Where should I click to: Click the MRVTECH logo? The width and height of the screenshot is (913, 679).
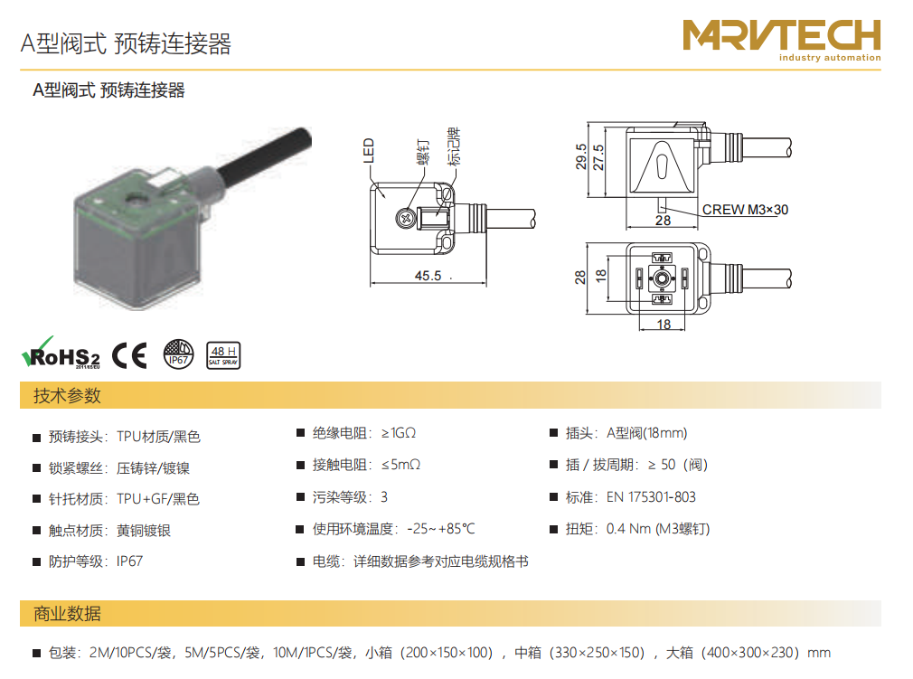(781, 40)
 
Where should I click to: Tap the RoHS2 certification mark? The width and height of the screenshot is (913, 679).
(61, 354)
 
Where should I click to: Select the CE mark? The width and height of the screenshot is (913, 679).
(129, 354)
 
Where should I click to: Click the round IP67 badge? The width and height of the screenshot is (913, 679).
(178, 354)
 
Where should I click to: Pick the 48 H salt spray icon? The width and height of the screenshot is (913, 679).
(223, 355)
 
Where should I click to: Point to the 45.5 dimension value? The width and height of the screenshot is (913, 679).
(428, 276)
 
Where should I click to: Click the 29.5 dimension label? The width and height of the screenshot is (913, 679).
(581, 156)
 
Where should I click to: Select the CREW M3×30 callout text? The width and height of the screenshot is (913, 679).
(745, 210)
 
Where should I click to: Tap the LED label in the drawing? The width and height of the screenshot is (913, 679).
(369, 150)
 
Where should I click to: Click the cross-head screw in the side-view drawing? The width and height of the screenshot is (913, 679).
(405, 219)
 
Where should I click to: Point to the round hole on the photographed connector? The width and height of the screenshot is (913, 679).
(138, 201)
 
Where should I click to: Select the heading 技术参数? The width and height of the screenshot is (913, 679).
(68, 396)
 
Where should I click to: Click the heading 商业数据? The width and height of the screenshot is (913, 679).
(68, 614)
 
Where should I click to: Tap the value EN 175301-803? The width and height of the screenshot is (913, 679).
(651, 496)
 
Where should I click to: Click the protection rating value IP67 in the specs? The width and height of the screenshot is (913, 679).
(129, 561)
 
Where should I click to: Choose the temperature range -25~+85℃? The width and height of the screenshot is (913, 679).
(441, 529)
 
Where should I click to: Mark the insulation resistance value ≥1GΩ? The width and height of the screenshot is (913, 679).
(399, 433)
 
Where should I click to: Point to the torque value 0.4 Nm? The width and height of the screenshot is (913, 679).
(628, 529)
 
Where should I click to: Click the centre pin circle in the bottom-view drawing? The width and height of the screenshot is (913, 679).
(662, 279)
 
